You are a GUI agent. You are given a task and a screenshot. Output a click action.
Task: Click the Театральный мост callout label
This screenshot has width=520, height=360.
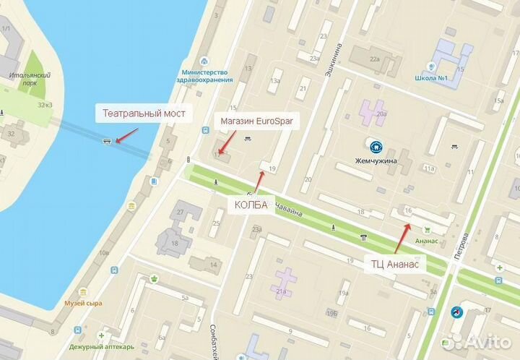[144, 113]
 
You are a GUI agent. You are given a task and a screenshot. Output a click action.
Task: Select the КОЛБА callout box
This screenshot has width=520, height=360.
[251, 205]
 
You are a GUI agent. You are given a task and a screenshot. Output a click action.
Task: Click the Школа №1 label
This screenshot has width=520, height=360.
[433, 79]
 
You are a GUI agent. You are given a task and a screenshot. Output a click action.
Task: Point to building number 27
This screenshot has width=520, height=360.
[180, 212]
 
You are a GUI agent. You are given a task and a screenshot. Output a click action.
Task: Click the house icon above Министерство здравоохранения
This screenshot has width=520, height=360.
[205, 61]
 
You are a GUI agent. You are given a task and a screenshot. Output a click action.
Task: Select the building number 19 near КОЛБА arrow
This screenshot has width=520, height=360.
[272, 168]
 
